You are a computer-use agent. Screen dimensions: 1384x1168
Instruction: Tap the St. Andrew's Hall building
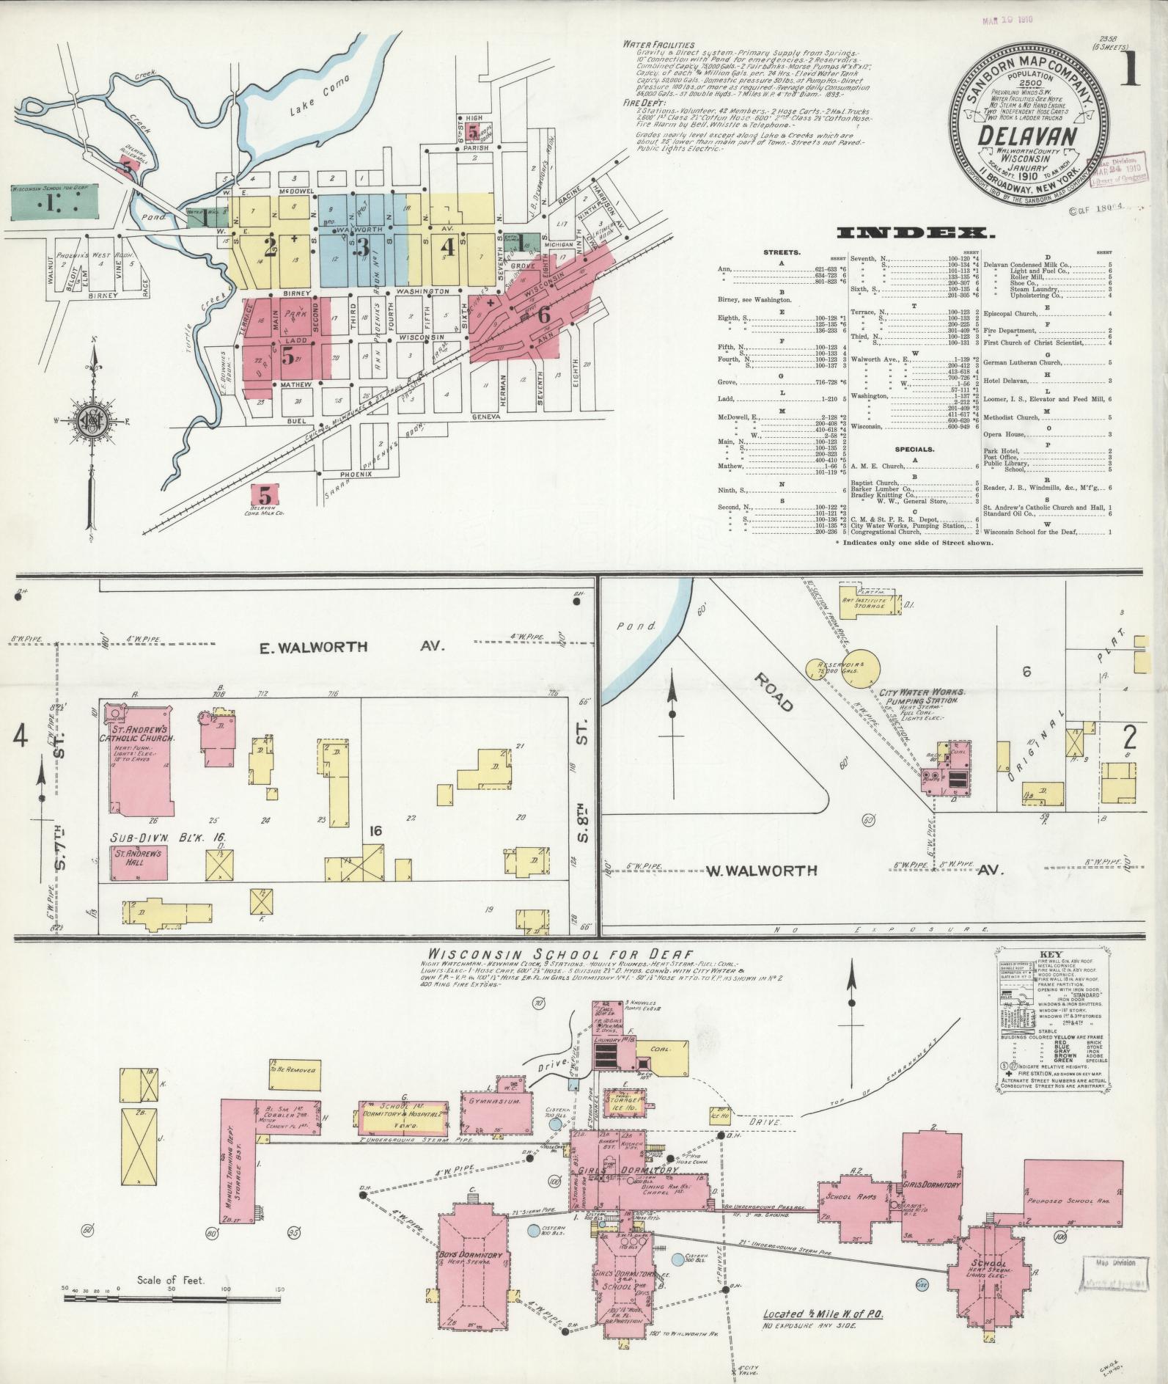click(x=139, y=863)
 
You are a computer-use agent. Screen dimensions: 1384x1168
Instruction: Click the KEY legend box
click(x=1054, y=1014)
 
